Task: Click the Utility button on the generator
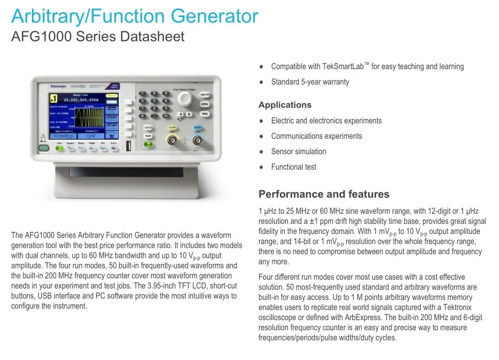[205, 104]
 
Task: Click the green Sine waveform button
[60, 149]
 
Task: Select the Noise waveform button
[113, 149]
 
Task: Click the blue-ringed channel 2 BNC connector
[197, 140]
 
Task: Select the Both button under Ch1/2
[148, 136]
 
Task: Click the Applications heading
[285, 105]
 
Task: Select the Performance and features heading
[323, 194]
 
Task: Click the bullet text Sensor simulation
[298, 152]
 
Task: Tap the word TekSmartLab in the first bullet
[343, 66]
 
